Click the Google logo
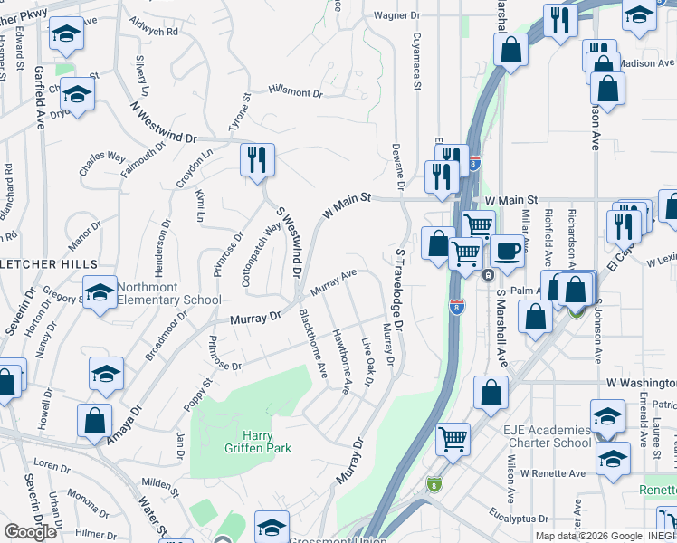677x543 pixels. coord(30,532)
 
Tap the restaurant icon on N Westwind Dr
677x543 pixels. coord(257,161)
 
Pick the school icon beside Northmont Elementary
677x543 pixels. coord(100,291)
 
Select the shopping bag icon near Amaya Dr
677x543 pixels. coord(94,421)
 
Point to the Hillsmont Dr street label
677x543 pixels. coord(295,91)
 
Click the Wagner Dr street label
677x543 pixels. coord(398,15)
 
